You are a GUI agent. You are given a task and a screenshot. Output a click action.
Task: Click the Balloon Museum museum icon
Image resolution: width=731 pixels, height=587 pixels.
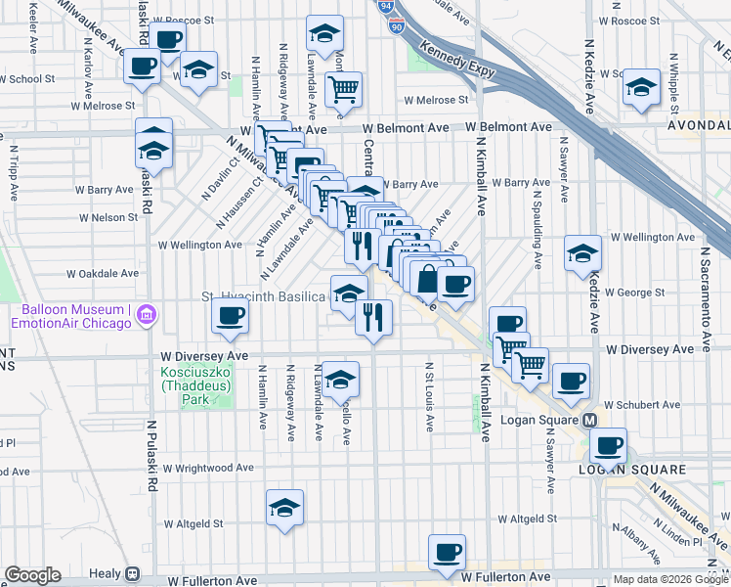pyautogui.click(x=147, y=314)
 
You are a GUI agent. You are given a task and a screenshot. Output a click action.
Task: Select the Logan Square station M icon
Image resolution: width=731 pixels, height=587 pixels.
pyautogui.click(x=590, y=420)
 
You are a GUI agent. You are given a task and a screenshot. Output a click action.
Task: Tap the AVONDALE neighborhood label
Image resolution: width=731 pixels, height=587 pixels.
pyautogui.click(x=698, y=126)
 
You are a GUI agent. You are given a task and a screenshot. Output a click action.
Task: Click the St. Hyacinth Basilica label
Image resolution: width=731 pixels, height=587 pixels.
pyautogui.click(x=263, y=295)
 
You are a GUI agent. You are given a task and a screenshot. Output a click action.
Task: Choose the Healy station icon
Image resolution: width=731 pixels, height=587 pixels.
pyautogui.click(x=131, y=574)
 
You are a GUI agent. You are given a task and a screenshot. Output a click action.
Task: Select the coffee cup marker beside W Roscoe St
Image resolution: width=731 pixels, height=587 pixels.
pyautogui.click(x=168, y=39)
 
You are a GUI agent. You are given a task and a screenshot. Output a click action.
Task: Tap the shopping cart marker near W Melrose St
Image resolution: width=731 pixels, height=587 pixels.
pyautogui.click(x=344, y=90)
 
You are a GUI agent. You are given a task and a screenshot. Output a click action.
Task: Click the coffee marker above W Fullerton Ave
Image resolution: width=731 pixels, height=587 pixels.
pyautogui.click(x=448, y=551)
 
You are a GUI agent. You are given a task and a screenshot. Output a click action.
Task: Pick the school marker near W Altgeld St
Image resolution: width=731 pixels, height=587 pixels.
pyautogui.click(x=284, y=507)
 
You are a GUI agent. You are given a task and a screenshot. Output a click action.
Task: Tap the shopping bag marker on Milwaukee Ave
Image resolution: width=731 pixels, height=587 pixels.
pyautogui.click(x=428, y=278)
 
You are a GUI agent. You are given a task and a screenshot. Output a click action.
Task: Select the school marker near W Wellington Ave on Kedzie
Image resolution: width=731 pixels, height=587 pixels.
pyautogui.click(x=582, y=252)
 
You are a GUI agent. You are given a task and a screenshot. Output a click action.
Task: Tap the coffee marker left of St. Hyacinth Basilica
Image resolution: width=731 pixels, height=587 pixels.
pyautogui.click(x=231, y=315)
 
